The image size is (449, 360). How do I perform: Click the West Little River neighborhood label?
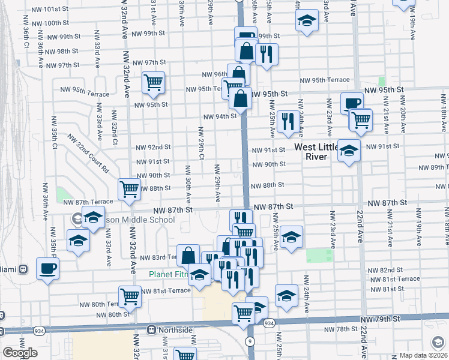tap(319, 151)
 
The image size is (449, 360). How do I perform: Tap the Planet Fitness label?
tap(170, 275)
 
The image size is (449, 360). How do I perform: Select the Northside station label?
tap(176, 330)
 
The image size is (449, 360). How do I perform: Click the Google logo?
tap(20, 353)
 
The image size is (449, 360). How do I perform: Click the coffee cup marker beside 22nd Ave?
tap(352, 103)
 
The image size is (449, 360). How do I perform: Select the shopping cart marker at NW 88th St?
tap(130, 189)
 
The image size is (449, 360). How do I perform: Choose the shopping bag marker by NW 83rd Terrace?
tap(188, 255)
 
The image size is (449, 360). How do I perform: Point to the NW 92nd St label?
tap(153, 147)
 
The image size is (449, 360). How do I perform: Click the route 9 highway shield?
tap(249, 340)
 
